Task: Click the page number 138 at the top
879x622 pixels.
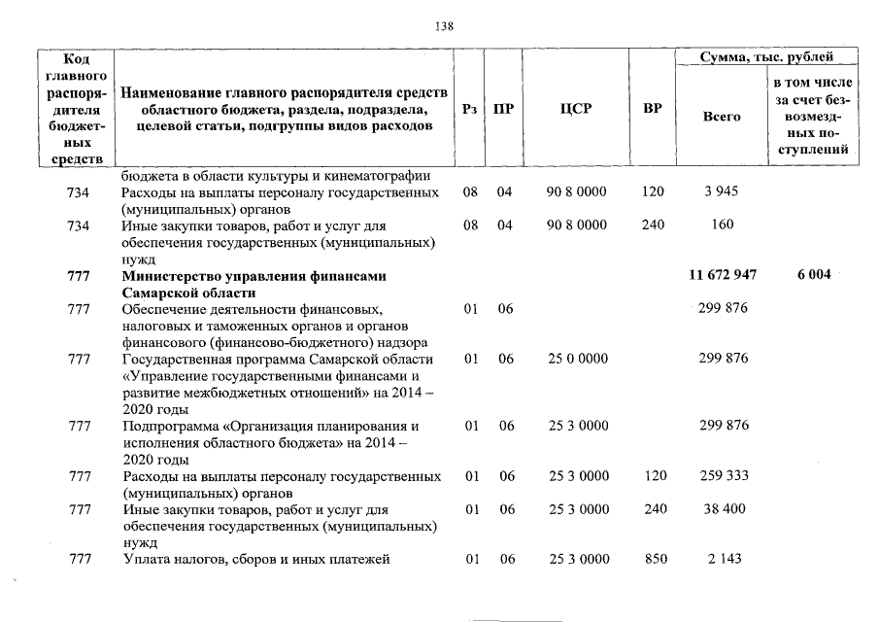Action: (444, 26)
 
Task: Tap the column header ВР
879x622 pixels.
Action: (653, 110)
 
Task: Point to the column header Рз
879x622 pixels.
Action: (470, 110)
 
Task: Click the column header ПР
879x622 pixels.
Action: (503, 110)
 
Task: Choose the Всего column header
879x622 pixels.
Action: (721, 116)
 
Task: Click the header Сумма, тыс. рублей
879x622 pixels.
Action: (767, 58)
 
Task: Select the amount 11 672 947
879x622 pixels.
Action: (722, 276)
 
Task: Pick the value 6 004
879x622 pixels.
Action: (814, 276)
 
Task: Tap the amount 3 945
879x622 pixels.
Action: (722, 191)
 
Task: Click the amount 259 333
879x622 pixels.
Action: (723, 476)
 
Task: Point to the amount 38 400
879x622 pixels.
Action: (723, 509)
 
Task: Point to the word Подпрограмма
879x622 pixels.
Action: (168, 426)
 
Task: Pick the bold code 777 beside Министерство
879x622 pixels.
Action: (79, 276)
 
